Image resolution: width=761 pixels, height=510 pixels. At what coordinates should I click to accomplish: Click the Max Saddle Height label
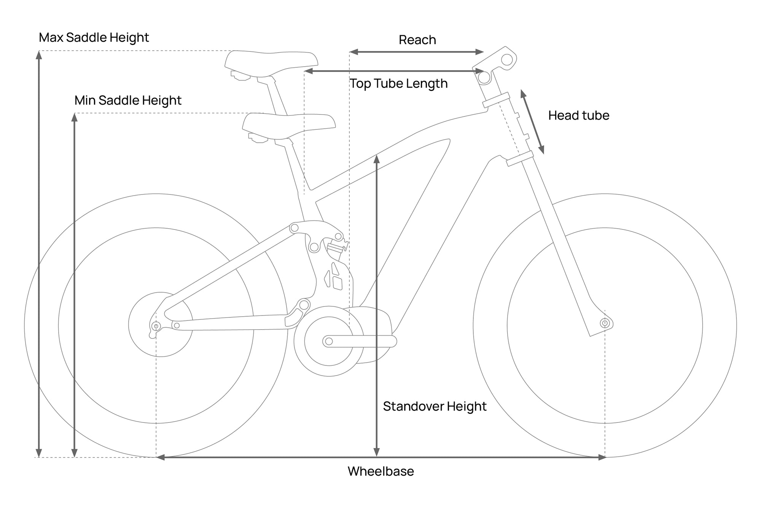[x=94, y=38]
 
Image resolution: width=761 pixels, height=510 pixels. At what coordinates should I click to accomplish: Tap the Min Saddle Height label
[x=128, y=100]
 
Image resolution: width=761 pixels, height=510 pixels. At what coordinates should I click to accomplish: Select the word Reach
[x=417, y=40]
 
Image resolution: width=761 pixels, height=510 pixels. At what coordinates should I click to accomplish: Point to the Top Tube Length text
[x=398, y=84]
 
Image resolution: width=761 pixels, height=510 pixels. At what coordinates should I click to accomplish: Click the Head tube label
[x=579, y=115]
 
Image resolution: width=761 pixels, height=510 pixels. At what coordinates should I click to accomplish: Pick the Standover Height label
[x=435, y=406]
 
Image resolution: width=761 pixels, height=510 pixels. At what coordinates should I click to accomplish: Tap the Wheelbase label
[x=380, y=471]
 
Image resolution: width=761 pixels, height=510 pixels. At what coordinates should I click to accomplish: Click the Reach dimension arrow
[x=417, y=52]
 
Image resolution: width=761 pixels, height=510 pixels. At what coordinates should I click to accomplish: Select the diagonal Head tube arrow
[x=532, y=122]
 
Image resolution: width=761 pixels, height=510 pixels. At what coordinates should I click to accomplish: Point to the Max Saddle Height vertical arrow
[x=38, y=253]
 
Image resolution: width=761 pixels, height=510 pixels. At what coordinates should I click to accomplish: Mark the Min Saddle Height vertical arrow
[x=75, y=285]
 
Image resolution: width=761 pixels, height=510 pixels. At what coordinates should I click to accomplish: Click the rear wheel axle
[x=156, y=326]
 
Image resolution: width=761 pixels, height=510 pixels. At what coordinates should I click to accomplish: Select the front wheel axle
[x=605, y=324]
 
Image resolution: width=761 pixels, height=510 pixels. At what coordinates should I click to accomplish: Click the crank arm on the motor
[x=360, y=341]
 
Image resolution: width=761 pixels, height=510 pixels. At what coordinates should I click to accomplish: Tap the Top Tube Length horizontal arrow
[x=394, y=71]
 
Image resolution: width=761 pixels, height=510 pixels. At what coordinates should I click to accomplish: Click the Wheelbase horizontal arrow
[x=380, y=457]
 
